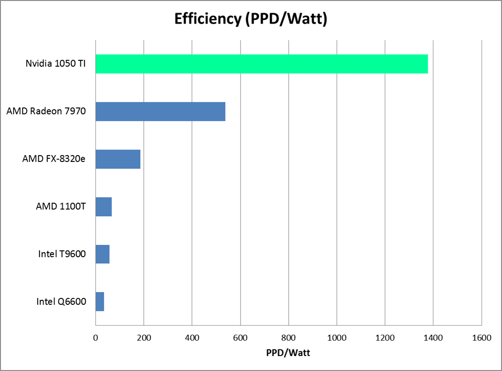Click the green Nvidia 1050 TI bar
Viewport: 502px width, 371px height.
tap(261, 64)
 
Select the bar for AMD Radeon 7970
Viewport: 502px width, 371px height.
tap(160, 112)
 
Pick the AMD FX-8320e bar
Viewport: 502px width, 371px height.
tap(118, 159)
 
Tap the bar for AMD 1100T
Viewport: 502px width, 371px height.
tap(103, 207)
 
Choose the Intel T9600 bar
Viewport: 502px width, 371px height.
tap(103, 254)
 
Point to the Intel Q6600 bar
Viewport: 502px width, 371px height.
tap(100, 302)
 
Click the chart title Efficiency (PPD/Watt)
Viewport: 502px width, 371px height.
tap(251, 19)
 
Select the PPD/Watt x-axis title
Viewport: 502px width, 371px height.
tap(288, 353)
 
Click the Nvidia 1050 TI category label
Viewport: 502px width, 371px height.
tap(55, 64)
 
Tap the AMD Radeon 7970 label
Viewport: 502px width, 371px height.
tap(46, 112)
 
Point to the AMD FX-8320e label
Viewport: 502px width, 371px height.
tap(54, 159)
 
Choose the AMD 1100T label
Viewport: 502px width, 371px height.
tap(61, 207)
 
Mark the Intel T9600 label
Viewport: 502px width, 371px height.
tap(62, 254)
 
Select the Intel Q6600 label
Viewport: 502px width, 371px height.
tap(61, 302)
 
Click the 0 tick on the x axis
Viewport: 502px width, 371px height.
tap(95, 338)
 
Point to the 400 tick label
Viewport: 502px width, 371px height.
tap(192, 338)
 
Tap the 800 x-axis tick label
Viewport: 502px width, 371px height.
tap(289, 338)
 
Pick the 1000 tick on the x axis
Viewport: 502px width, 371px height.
tap(337, 338)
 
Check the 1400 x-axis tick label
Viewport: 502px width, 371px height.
tap(433, 338)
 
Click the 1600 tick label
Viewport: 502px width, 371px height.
tap(482, 338)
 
